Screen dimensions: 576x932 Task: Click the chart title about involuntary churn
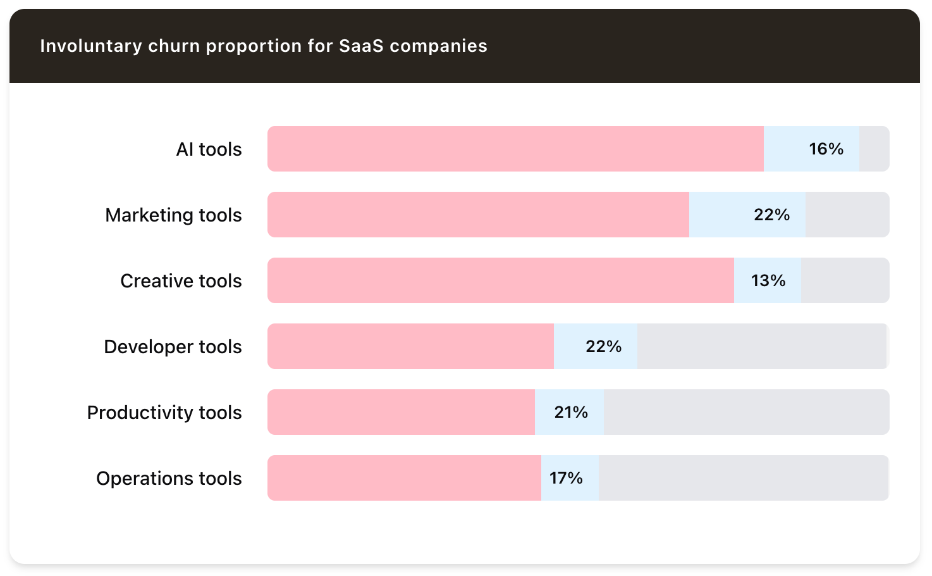[x=264, y=46]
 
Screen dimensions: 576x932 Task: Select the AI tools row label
[x=209, y=149]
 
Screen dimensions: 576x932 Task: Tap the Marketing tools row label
[x=173, y=215]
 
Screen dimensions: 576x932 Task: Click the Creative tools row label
[x=181, y=281]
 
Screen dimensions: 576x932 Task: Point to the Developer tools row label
[x=173, y=347]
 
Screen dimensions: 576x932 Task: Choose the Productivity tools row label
[x=164, y=413]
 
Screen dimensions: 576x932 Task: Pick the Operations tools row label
[x=169, y=479]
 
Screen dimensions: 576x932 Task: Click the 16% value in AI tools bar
[x=826, y=149]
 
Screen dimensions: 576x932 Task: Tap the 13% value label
[x=768, y=280]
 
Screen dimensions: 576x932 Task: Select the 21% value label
[x=570, y=412]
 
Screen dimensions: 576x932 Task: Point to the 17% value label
[x=566, y=478]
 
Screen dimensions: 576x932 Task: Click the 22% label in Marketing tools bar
[x=771, y=215]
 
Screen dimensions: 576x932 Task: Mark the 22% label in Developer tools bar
[x=603, y=346]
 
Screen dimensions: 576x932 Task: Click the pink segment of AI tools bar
[x=515, y=149]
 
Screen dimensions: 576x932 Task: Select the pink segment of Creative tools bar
[x=500, y=280]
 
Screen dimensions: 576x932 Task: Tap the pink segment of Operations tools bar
[x=404, y=478]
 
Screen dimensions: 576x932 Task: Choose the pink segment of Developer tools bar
[x=410, y=346]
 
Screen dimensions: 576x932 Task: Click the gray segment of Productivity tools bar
[x=746, y=412]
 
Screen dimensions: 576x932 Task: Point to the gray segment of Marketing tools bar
[x=847, y=215]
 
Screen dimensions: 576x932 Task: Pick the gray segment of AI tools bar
[x=874, y=149]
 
